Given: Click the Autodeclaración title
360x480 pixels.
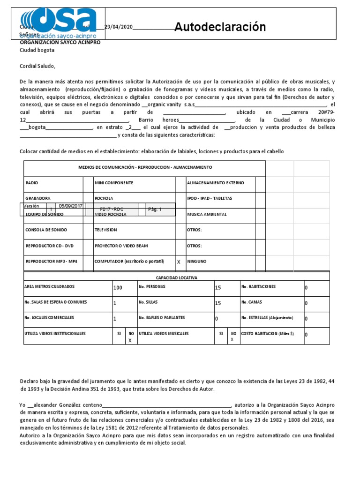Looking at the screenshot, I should coord(220,27).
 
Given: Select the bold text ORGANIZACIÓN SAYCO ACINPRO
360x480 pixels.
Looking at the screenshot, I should coord(60,42).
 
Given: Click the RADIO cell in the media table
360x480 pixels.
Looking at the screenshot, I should coord(32,183).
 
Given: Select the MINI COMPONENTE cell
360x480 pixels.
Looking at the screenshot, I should coord(114,183).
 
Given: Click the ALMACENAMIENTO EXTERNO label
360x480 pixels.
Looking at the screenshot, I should coord(215,183).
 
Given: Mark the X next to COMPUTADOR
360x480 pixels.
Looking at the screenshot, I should coord(179,262).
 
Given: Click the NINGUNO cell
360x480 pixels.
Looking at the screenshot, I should coord(196,262).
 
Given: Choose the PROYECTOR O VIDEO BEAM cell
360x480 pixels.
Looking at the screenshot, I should coord(121,246).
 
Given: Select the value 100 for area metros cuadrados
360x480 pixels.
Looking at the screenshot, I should coord(118,287).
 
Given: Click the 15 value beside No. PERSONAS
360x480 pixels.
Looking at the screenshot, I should coord(217,287).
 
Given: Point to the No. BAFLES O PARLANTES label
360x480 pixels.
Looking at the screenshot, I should coord(162,318).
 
